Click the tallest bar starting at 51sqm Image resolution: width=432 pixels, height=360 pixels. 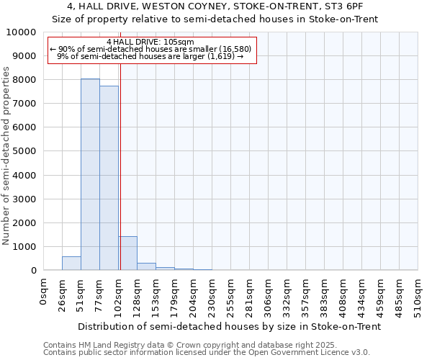tap(90, 174)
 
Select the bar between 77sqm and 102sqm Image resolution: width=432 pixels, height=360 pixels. tap(109, 178)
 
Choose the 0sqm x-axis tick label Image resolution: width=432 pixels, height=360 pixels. tap(43, 292)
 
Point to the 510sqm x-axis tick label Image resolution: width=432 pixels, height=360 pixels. tap(418, 294)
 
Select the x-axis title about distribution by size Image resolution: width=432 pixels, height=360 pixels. tap(229, 326)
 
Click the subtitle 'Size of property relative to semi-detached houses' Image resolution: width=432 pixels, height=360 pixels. tap(216, 19)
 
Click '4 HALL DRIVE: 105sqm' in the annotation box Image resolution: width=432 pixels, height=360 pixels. tap(150, 42)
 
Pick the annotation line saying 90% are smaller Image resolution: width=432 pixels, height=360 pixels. tap(150, 49)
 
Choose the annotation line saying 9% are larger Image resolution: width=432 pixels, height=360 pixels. tap(150, 56)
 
